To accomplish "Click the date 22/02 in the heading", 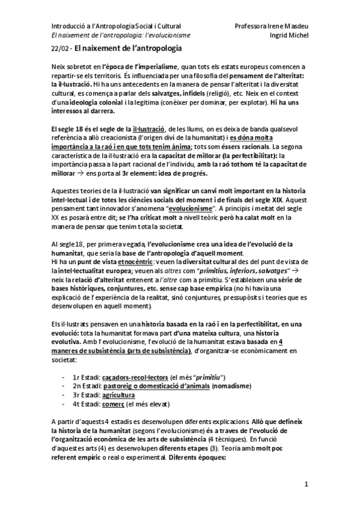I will click(x=59, y=47).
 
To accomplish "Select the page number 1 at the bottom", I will click(x=306, y=484).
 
